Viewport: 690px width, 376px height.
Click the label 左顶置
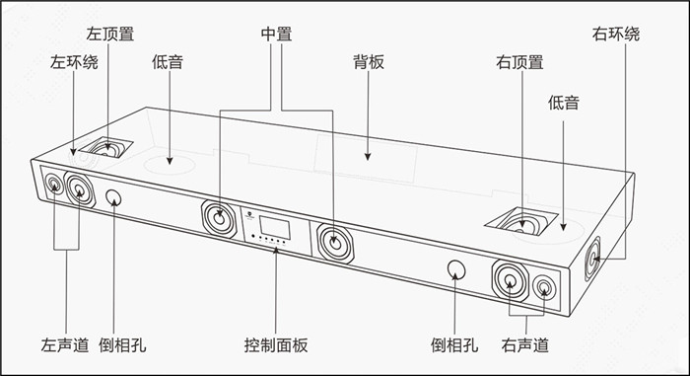coord(110,34)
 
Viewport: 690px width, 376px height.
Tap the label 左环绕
coord(74,62)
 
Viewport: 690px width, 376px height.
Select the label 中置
coord(276,34)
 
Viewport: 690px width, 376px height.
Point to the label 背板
coord(369,62)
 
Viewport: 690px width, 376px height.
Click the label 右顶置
coord(519,62)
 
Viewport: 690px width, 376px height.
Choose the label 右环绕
coord(616,34)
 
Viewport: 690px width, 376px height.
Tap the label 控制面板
coord(276,344)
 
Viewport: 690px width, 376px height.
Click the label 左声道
coord(65,344)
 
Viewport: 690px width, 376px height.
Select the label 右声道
coord(525,344)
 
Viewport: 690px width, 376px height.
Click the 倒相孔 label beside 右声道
coord(454,344)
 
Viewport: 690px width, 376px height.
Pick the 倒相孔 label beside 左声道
coord(122,344)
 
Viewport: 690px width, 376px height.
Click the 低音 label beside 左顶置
coord(168,62)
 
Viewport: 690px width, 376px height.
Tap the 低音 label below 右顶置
coord(563,103)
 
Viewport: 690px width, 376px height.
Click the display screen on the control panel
coord(275,227)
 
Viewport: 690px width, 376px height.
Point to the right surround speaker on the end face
coord(592,259)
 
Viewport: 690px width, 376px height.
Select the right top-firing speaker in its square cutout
coord(521,224)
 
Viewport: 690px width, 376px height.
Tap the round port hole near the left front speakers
coord(114,198)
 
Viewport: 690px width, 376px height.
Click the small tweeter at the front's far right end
coord(544,287)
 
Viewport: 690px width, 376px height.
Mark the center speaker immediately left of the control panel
coord(219,219)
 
